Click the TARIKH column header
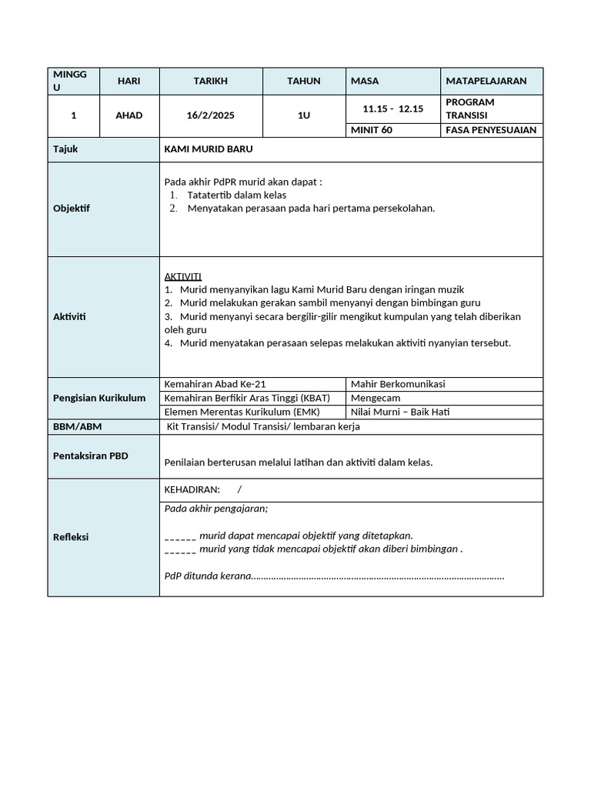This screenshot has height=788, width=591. [x=210, y=81]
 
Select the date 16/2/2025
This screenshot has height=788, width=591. [x=210, y=115]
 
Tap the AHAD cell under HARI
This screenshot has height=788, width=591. [x=129, y=115]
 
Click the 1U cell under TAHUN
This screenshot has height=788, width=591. [x=304, y=115]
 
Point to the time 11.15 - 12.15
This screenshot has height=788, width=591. [x=392, y=109]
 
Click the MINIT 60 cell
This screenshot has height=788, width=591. [x=372, y=130]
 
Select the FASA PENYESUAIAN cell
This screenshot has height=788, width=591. [x=491, y=130]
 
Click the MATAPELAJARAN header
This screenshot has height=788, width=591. [x=486, y=81]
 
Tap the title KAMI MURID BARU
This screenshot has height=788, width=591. [x=209, y=149]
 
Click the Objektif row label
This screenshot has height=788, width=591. [x=72, y=209]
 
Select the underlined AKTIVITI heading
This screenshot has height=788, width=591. [x=183, y=276]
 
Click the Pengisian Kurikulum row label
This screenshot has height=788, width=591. [x=99, y=398]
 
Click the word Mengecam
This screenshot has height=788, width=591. [x=376, y=398]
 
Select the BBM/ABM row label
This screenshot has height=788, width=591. [x=77, y=426]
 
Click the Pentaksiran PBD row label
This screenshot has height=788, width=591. [x=91, y=456]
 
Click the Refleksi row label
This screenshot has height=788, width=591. [x=71, y=537]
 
